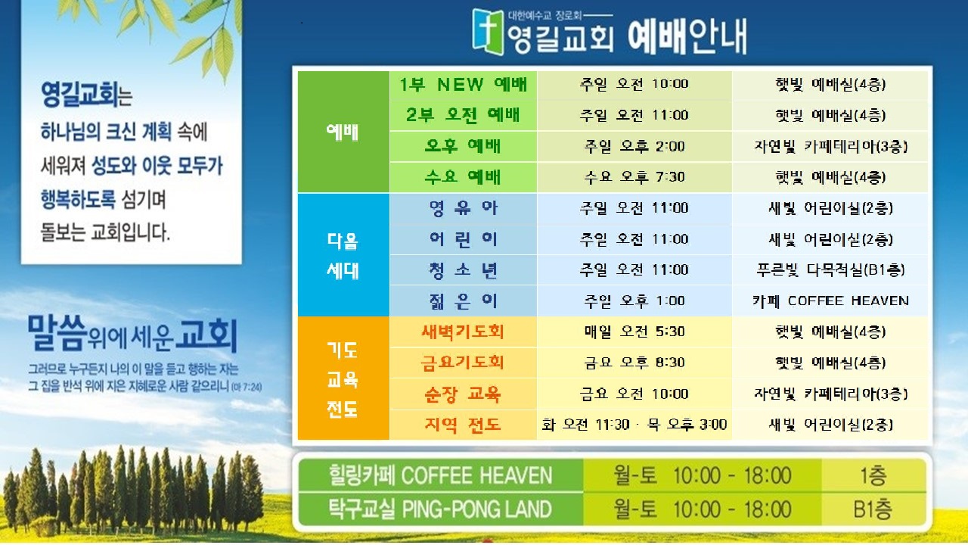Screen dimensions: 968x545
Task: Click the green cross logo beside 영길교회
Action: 489,32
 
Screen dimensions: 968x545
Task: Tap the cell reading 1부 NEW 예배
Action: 464,85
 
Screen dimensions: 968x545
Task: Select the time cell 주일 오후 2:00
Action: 634,147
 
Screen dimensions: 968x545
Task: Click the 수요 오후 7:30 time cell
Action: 634,177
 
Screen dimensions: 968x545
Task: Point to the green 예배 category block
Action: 343,132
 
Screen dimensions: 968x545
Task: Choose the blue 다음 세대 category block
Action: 343,255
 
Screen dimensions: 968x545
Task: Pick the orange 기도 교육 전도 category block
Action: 343,378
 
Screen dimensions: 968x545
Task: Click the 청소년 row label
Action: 464,270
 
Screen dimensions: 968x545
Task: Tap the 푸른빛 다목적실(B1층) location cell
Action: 830,270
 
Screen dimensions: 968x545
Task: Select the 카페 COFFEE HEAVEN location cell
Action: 830,301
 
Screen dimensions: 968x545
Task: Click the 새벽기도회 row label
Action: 464,332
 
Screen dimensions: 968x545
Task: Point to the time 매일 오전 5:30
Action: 634,332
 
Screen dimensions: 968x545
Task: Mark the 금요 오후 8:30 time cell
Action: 634,363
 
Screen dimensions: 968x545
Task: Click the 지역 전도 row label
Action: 464,425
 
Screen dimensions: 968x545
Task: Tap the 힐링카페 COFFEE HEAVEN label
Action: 440,476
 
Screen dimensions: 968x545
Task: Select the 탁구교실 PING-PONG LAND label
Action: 440,509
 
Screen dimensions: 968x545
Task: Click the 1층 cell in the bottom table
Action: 873,476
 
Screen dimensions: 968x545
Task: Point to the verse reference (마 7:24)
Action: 247,387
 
